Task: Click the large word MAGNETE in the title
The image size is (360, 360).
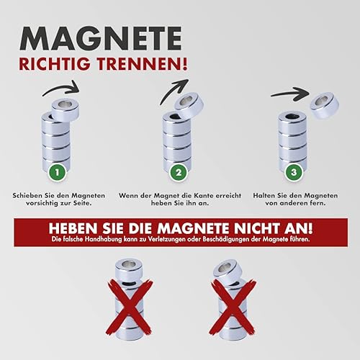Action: point(100,38)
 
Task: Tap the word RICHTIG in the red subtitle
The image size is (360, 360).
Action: point(56,64)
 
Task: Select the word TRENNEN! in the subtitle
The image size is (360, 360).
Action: point(143,64)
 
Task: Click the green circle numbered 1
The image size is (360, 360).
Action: point(57,172)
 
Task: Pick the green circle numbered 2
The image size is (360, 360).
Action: point(179,172)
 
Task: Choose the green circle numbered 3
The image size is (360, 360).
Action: point(294,172)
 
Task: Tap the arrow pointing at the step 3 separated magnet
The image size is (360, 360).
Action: point(290,94)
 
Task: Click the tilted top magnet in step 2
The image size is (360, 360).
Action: point(189,105)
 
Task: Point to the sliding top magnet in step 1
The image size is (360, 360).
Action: point(66,109)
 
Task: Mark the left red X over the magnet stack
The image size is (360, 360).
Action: point(130,307)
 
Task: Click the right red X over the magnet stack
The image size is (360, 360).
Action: point(233,307)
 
